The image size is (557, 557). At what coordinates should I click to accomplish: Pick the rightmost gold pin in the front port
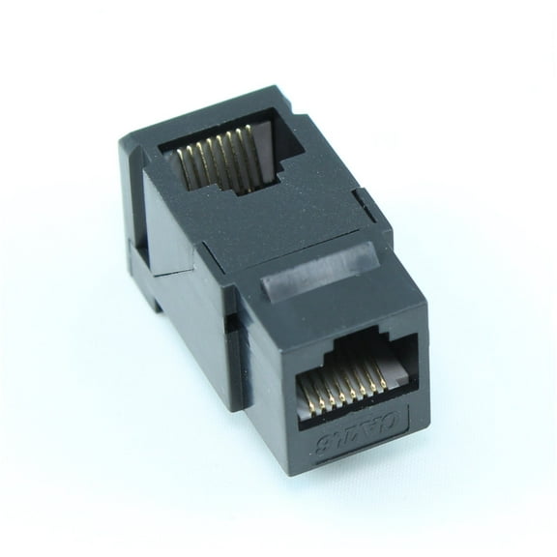383,378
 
